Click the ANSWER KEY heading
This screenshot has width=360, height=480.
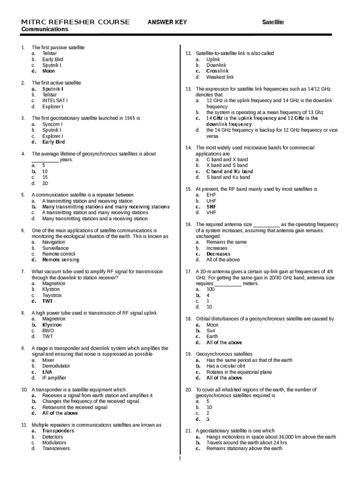[167, 22]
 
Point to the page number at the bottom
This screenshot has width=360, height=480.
[180, 458]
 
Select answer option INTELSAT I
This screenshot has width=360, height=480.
[55, 100]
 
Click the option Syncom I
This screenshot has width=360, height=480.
[52, 124]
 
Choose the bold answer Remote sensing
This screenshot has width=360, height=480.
[61, 260]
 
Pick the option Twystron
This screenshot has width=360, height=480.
[52, 295]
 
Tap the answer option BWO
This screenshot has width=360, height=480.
[48, 330]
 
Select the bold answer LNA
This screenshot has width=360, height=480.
[47, 372]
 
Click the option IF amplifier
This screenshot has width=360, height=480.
[54, 378]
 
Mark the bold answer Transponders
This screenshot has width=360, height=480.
[58, 431]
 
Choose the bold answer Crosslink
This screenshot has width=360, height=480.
[217, 71]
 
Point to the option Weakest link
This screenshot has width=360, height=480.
[220, 77]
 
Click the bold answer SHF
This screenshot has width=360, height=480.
[211, 206]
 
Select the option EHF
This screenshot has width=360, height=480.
[211, 195]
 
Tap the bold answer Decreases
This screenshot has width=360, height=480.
[218, 254]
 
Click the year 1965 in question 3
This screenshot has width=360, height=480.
[127, 118]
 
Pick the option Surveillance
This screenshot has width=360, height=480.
[55, 248]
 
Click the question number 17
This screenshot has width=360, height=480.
[188, 271]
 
